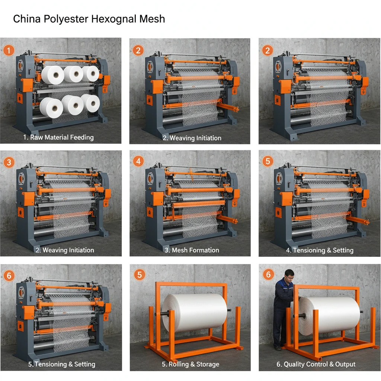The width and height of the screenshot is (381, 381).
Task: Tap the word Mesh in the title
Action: click(152, 19)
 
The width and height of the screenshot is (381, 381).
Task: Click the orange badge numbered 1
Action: click(9, 50)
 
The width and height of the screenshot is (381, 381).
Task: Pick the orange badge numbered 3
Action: click(9, 162)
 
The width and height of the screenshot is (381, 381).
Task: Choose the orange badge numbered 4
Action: click(138, 162)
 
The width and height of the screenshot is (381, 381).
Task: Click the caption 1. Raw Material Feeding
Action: click(58, 137)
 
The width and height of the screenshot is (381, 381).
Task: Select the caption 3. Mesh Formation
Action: click(192, 250)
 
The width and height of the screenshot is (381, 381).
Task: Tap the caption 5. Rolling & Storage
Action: click(190, 364)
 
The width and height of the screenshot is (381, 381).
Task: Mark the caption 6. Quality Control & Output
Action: click(316, 364)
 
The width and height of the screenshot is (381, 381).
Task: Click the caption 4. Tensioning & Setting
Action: click(320, 250)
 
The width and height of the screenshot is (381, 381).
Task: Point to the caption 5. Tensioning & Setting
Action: click(62, 364)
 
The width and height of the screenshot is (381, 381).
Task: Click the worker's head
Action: click(289, 276)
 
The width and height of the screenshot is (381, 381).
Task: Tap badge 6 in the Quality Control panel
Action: click(268, 275)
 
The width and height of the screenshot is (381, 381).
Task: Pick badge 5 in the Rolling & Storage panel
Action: click(139, 275)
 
